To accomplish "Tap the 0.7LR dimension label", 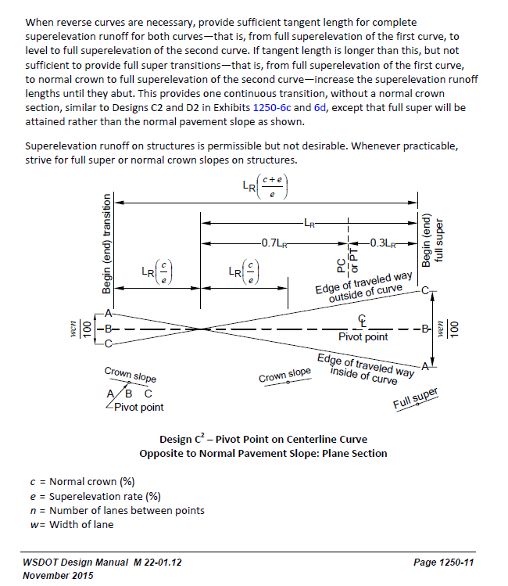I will [x=273, y=243].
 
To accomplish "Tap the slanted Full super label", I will [x=415, y=397].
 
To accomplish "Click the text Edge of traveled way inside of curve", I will [x=365, y=368].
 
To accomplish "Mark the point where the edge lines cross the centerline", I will [x=202, y=329].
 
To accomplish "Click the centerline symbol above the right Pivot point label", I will [x=362, y=321].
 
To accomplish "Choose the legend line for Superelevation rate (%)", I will [x=94, y=496].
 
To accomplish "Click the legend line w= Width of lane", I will [x=71, y=524].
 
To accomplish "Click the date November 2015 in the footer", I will [x=58, y=576].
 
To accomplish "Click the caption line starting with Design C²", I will [x=263, y=439].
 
